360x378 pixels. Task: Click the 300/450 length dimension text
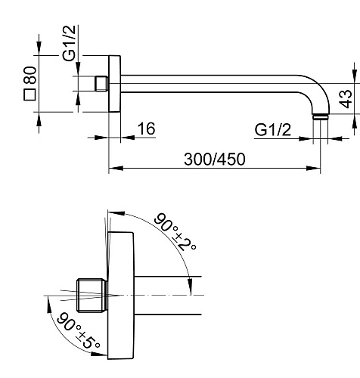coord(215,160)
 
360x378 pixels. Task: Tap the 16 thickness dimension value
coord(146,129)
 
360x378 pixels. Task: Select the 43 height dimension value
coord(346,99)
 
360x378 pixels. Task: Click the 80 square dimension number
coord(29,75)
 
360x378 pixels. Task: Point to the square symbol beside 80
coord(29,94)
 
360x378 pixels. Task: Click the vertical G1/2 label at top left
coord(69,43)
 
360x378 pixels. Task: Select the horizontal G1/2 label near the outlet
coord(272,130)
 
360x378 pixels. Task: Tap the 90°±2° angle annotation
coord(175,231)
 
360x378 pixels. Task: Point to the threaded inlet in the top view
coord(102,84)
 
